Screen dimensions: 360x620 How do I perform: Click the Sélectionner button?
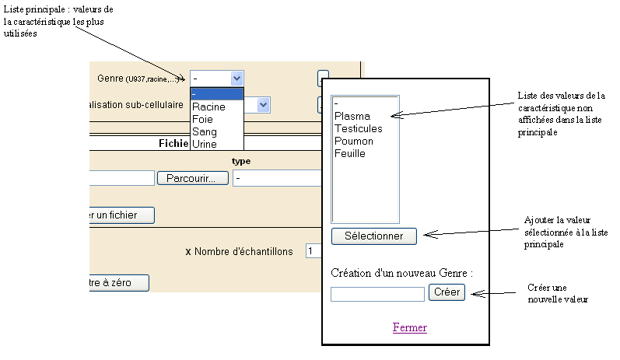click(x=373, y=236)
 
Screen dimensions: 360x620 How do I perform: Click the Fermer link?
click(x=409, y=327)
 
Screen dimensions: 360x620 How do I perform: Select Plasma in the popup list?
click(x=352, y=116)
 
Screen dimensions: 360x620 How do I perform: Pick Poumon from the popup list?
click(x=354, y=141)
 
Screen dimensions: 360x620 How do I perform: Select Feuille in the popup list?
click(x=350, y=153)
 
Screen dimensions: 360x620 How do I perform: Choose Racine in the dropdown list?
click(x=208, y=107)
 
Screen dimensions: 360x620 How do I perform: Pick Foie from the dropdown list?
click(x=203, y=119)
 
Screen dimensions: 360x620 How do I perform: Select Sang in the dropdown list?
click(x=205, y=131)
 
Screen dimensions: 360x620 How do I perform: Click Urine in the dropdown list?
click(x=205, y=144)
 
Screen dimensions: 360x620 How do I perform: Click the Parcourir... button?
click(x=192, y=178)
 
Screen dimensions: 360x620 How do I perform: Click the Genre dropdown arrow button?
click(x=236, y=79)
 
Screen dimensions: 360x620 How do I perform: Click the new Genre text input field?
click(x=377, y=294)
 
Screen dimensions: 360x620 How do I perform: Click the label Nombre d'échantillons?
click(x=243, y=251)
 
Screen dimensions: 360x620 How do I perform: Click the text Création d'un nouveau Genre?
click(x=401, y=273)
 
